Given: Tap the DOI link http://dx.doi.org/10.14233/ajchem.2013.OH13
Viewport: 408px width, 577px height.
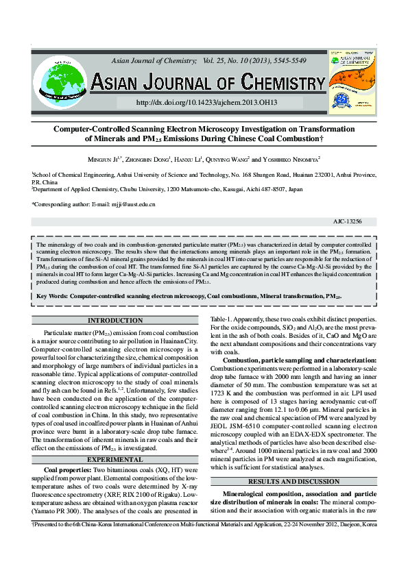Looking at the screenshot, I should tap(206, 102).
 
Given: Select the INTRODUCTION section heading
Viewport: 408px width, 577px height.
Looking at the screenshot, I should tap(116, 321).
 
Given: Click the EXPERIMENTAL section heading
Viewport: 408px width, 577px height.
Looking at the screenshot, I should tap(116, 459).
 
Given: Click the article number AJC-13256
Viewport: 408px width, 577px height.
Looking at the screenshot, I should tap(348, 222).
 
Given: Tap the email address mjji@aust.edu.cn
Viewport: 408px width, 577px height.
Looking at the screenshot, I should tap(134, 204).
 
